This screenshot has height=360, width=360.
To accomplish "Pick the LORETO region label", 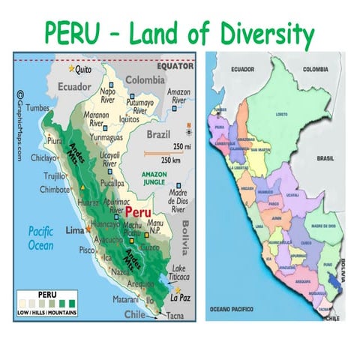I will pyautogui.click(x=282, y=115).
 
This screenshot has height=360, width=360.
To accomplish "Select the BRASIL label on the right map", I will pyautogui.click(x=325, y=159).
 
